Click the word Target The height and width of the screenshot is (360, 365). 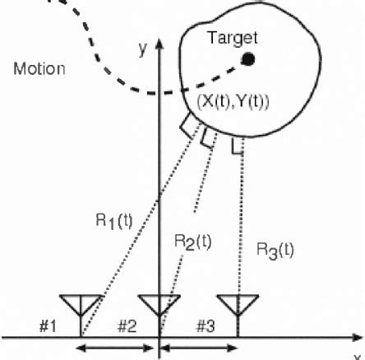point(232,38)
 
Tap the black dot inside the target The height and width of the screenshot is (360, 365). point(247,58)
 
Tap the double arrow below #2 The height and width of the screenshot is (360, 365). point(119,349)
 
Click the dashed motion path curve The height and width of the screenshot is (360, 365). point(90,49)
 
